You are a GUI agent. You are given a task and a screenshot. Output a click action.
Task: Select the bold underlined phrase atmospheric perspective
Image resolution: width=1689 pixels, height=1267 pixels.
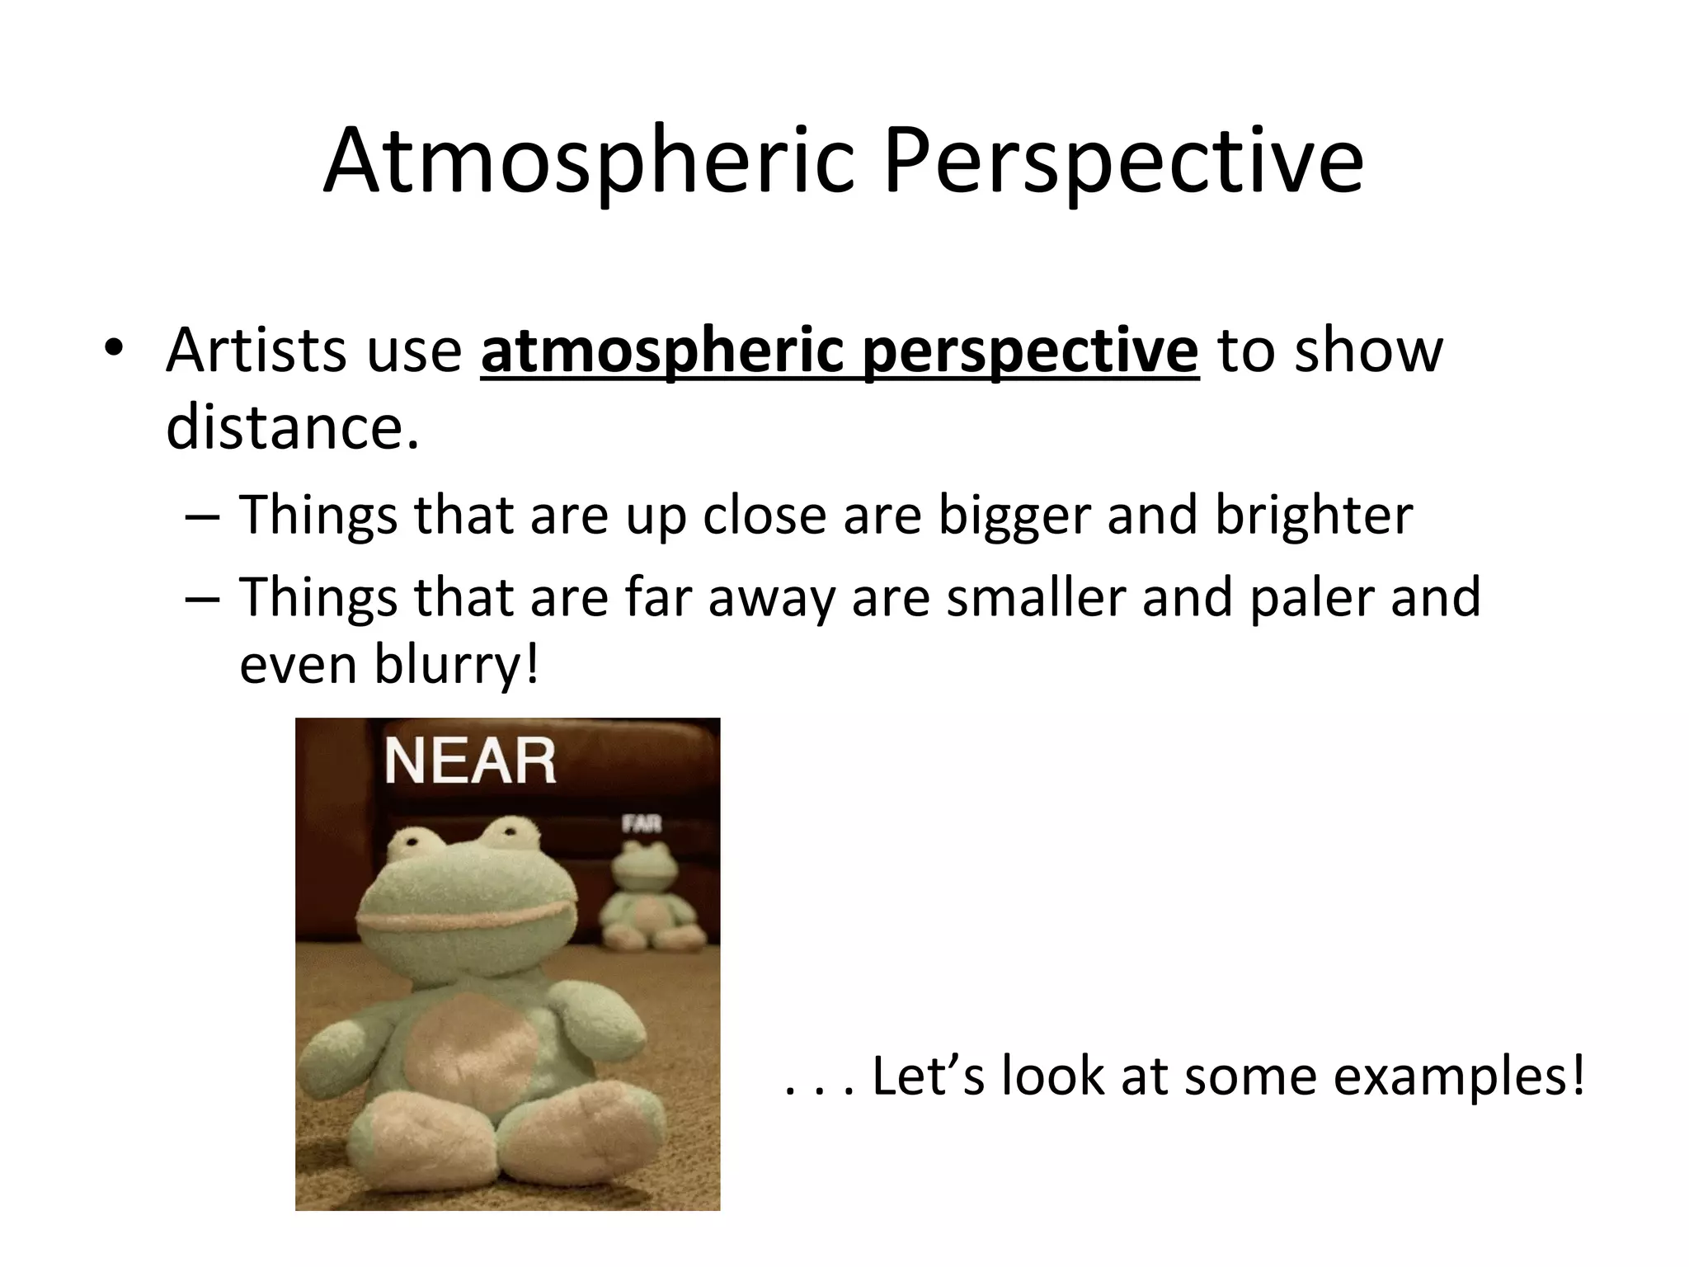[839, 351]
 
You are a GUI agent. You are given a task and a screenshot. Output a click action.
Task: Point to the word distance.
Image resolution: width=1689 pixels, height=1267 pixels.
[292, 427]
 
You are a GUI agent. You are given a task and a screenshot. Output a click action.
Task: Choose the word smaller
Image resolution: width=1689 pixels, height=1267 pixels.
[1036, 597]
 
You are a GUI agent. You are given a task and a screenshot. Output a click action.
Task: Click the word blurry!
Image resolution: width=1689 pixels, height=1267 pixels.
[457, 664]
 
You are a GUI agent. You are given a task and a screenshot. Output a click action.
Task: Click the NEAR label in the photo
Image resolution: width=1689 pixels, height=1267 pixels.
[470, 761]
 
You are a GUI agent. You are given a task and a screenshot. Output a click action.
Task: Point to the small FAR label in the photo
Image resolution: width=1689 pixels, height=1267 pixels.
[642, 823]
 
